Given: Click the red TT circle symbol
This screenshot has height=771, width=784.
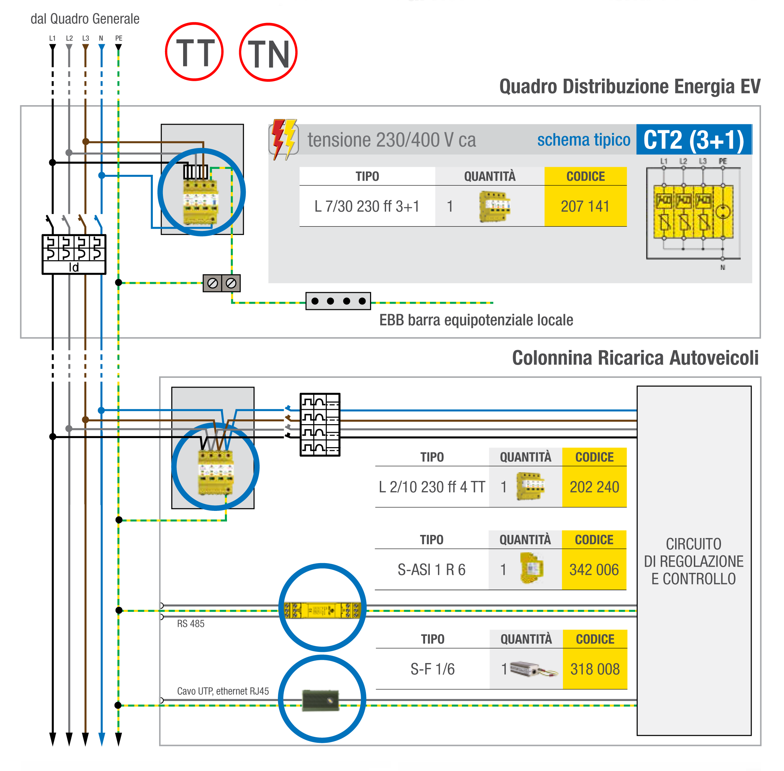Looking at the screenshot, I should pyautogui.click(x=194, y=52).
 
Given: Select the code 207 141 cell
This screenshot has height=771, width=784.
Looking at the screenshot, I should pyautogui.click(x=585, y=206).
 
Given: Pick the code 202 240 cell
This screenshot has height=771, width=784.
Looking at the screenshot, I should pyautogui.click(x=594, y=487).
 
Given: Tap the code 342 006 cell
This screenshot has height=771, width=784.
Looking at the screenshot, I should pyautogui.click(x=594, y=570).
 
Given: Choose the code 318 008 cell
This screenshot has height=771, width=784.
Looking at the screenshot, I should pyautogui.click(x=595, y=669).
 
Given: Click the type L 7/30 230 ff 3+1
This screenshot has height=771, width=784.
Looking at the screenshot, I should pyautogui.click(x=367, y=206).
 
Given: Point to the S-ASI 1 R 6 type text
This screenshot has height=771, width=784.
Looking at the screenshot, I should pyautogui.click(x=431, y=570).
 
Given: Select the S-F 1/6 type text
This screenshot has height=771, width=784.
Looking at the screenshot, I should pyautogui.click(x=432, y=669).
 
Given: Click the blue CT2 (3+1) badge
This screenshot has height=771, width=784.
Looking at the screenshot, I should pyautogui.click(x=694, y=140).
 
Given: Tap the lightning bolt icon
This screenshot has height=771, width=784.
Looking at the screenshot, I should pyautogui.click(x=284, y=139).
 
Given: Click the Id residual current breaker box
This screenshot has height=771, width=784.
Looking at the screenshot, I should pyautogui.click(x=74, y=254).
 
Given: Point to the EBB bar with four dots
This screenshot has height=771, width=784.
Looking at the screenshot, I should pyautogui.click(x=338, y=301).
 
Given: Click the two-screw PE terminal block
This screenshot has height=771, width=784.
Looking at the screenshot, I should pyautogui.click(x=221, y=283).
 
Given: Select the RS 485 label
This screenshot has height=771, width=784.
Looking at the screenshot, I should pyautogui.click(x=191, y=624).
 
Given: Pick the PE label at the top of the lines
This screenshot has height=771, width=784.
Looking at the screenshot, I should pyautogui.click(x=119, y=38).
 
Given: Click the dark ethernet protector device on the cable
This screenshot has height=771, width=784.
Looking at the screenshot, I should pyautogui.click(x=321, y=701).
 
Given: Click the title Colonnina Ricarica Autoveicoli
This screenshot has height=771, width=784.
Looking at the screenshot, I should pyautogui.click(x=635, y=358).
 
